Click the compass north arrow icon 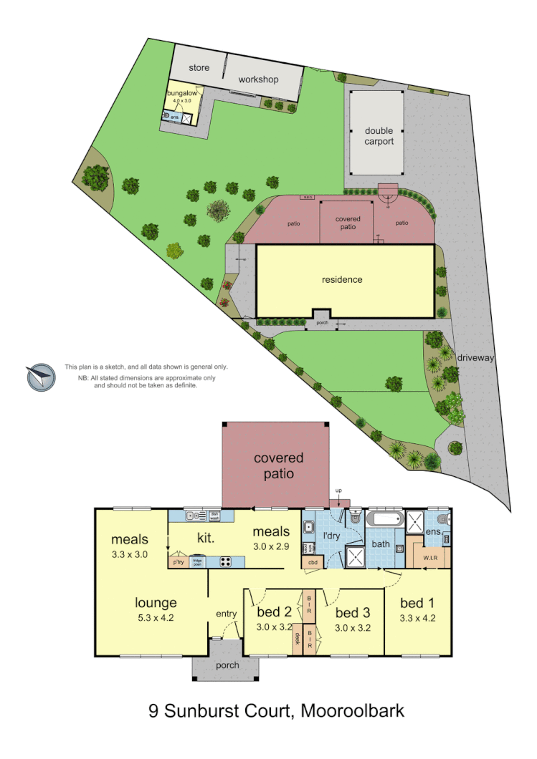click(x=41, y=377)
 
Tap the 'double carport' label click(x=379, y=136)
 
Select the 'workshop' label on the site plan click(x=258, y=79)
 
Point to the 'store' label click(x=199, y=68)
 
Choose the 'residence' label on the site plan click(x=342, y=279)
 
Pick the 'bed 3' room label click(x=353, y=612)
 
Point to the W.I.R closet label click(x=431, y=558)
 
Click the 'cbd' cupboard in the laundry click(x=313, y=563)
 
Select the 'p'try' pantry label click(x=176, y=563)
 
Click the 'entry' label click(x=226, y=614)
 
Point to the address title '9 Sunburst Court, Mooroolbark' click(x=276, y=711)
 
